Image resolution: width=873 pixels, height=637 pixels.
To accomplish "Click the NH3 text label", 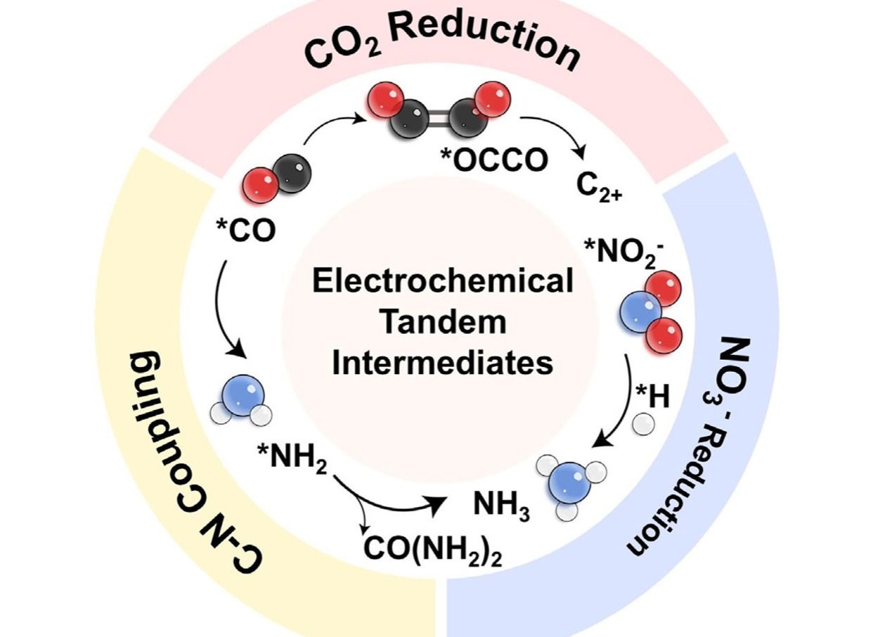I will [x=500, y=506].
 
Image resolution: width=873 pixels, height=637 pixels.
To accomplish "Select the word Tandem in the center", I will [x=442, y=323].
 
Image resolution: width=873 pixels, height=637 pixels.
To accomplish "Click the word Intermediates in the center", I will [x=442, y=364].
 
